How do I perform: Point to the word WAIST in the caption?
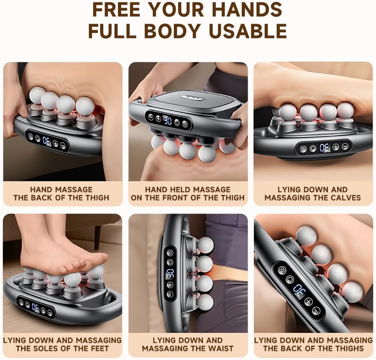tap(221, 348)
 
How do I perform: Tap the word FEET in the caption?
tap(98, 348)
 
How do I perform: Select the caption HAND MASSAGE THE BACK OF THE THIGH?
tap(61, 193)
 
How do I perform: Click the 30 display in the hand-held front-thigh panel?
tap(168, 121)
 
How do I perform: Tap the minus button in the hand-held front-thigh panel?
tap(151, 117)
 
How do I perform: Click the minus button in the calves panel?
tap(345, 146)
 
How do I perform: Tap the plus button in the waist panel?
tap(170, 285)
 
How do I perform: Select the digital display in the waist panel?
tap(170, 273)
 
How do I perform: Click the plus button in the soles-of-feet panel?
tap(43, 310)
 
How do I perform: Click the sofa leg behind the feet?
tap(98, 234)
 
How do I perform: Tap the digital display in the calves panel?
tap(324, 148)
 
